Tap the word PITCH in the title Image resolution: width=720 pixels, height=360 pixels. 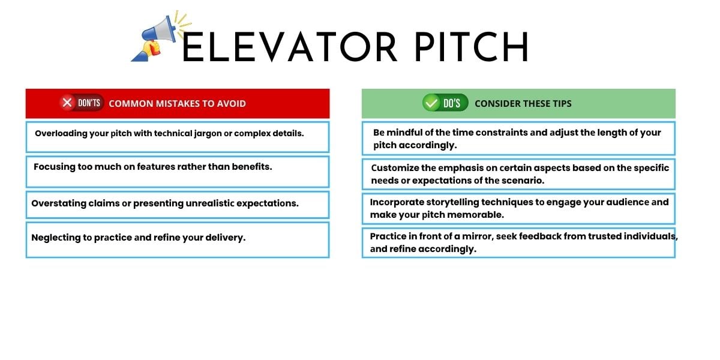472,47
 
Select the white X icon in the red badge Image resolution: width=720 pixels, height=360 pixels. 67,103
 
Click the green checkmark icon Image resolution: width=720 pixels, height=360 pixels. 431,103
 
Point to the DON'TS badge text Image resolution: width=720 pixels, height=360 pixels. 89,103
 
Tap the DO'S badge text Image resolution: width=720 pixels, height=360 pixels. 452,103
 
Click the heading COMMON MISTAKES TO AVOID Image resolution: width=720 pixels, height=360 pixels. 177,103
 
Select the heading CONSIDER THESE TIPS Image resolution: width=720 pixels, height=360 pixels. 523,103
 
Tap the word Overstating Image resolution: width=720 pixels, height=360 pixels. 59,203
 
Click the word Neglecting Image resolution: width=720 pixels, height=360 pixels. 56,238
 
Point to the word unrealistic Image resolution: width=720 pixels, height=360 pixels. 210,203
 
